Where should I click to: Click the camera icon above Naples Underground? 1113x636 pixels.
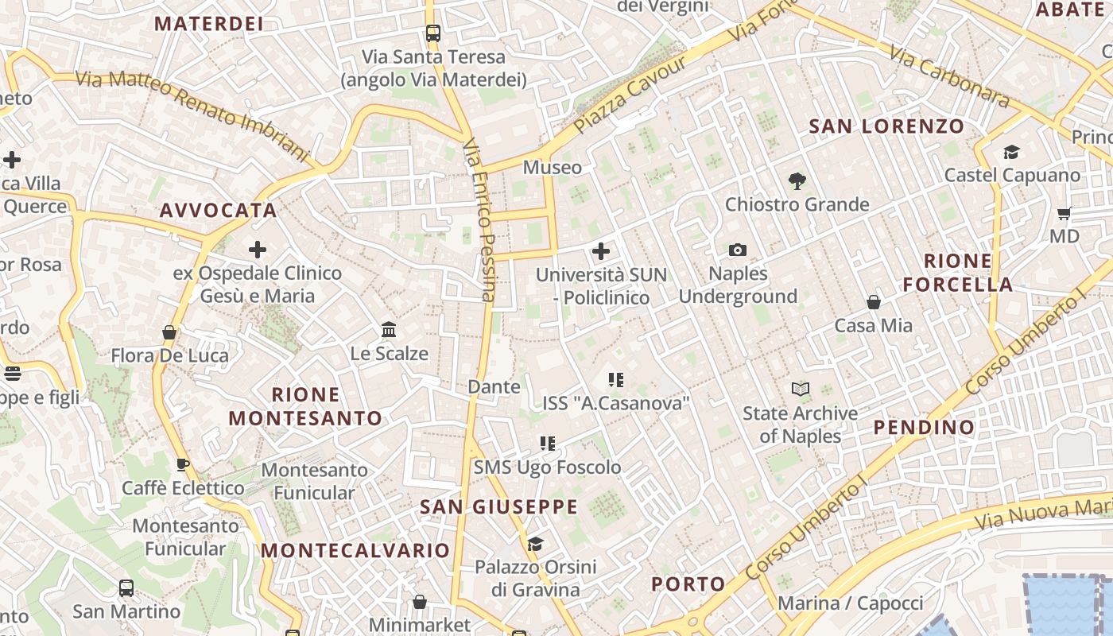pos(738,250)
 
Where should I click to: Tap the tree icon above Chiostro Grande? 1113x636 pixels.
pos(797,181)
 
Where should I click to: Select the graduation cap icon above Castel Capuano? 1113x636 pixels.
pos(1011,152)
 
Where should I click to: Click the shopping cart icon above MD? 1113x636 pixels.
pos(1065,213)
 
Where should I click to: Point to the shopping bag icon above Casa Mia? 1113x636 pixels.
pos(873,302)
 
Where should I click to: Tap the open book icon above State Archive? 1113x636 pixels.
pos(800,390)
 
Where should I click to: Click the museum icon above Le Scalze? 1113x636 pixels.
pos(389,330)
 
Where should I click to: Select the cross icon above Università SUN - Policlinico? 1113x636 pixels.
pos(601,251)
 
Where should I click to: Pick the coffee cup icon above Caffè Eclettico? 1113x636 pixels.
pos(183,464)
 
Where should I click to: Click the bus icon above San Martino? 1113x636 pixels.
pos(126,588)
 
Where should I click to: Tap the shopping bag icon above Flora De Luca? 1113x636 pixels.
pos(169,332)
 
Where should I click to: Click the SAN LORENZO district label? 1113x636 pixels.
pos(886,126)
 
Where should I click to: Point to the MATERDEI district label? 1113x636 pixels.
pos(208,24)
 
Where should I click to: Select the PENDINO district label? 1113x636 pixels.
pos(924,427)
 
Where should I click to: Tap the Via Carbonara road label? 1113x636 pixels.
pos(949,76)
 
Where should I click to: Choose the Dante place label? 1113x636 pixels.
pos(494,387)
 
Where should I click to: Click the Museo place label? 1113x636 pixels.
pos(552,167)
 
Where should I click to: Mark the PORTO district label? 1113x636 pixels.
pos(688,584)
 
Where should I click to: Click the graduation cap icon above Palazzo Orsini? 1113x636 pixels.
pos(535,544)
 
